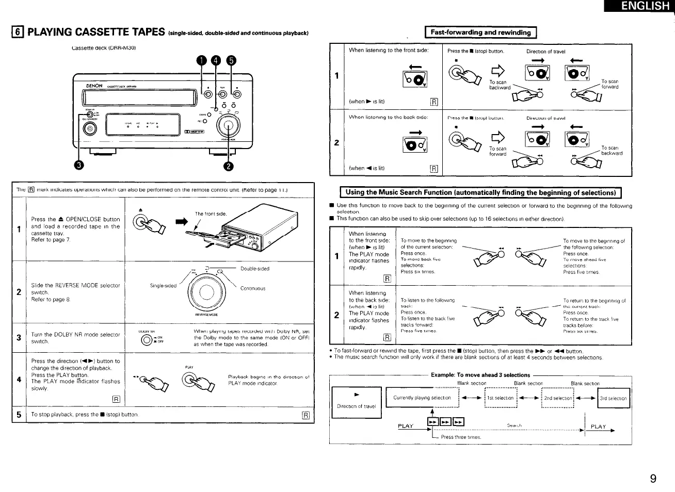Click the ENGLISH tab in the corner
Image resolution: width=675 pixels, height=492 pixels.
pyautogui.click(x=645, y=6)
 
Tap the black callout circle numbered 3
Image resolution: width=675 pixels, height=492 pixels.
pyautogui.click(x=79, y=165)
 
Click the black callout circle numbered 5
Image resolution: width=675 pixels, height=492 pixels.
pyautogui.click(x=231, y=60)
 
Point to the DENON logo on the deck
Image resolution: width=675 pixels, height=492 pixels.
pyautogui.click(x=94, y=86)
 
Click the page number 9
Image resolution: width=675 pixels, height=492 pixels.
pyautogui.click(x=653, y=479)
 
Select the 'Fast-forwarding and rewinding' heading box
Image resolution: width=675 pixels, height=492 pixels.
pyautogui.click(x=480, y=32)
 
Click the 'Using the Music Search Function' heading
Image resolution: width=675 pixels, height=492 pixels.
pyautogui.click(x=480, y=192)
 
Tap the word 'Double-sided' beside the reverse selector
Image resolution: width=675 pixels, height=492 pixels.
pyautogui.click(x=255, y=269)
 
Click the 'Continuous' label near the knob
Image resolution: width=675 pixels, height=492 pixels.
pyautogui.click(x=253, y=288)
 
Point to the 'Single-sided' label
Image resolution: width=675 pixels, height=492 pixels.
pyautogui.click(x=163, y=285)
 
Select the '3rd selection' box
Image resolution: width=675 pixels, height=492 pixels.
pyautogui.click(x=613, y=398)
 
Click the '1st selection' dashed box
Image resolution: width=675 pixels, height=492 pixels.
pyautogui.click(x=501, y=398)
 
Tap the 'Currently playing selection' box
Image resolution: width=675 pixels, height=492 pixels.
pyautogui.click(x=422, y=398)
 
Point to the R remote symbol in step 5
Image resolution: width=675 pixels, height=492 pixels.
pyautogui.click(x=305, y=415)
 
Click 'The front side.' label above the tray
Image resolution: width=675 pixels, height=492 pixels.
pyautogui.click(x=211, y=214)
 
